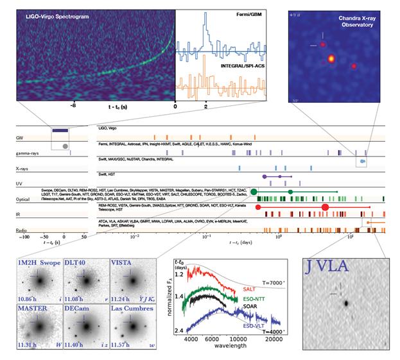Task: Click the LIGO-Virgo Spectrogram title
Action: pyautogui.click(x=57, y=14)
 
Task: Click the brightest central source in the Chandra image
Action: pyautogui.click(x=332, y=60)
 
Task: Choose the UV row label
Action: pyautogui.click(x=20, y=184)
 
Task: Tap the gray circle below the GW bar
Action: pyautogui.click(x=64, y=146)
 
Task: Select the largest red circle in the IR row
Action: pyautogui.click(x=324, y=207)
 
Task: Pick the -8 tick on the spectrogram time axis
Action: pyautogui.click(x=74, y=102)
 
